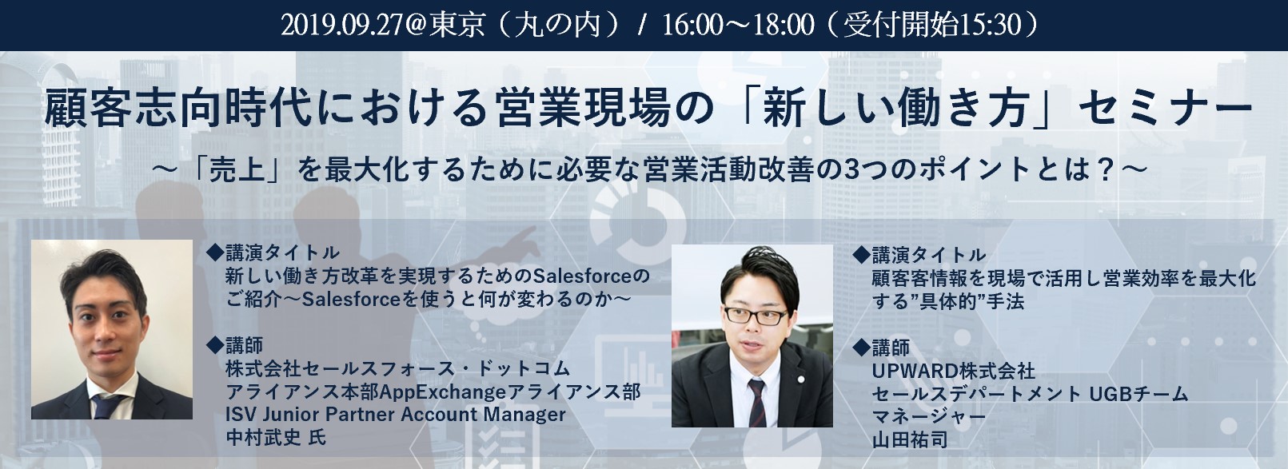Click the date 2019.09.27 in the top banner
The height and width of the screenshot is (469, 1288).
coord(341,26)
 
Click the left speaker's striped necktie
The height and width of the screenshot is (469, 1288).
coord(107,405)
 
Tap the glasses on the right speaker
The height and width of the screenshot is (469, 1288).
coord(755,315)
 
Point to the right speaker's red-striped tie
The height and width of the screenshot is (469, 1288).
coord(756,403)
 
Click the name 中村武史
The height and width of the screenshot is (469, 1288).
coord(263,437)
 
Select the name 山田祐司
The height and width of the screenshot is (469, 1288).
coord(910,439)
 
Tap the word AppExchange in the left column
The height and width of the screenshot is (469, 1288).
coord(443,392)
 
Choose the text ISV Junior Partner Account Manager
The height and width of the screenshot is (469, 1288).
coord(396,415)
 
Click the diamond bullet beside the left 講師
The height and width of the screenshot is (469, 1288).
coord(214,344)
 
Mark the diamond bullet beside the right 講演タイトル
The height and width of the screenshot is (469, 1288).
coord(861,253)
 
